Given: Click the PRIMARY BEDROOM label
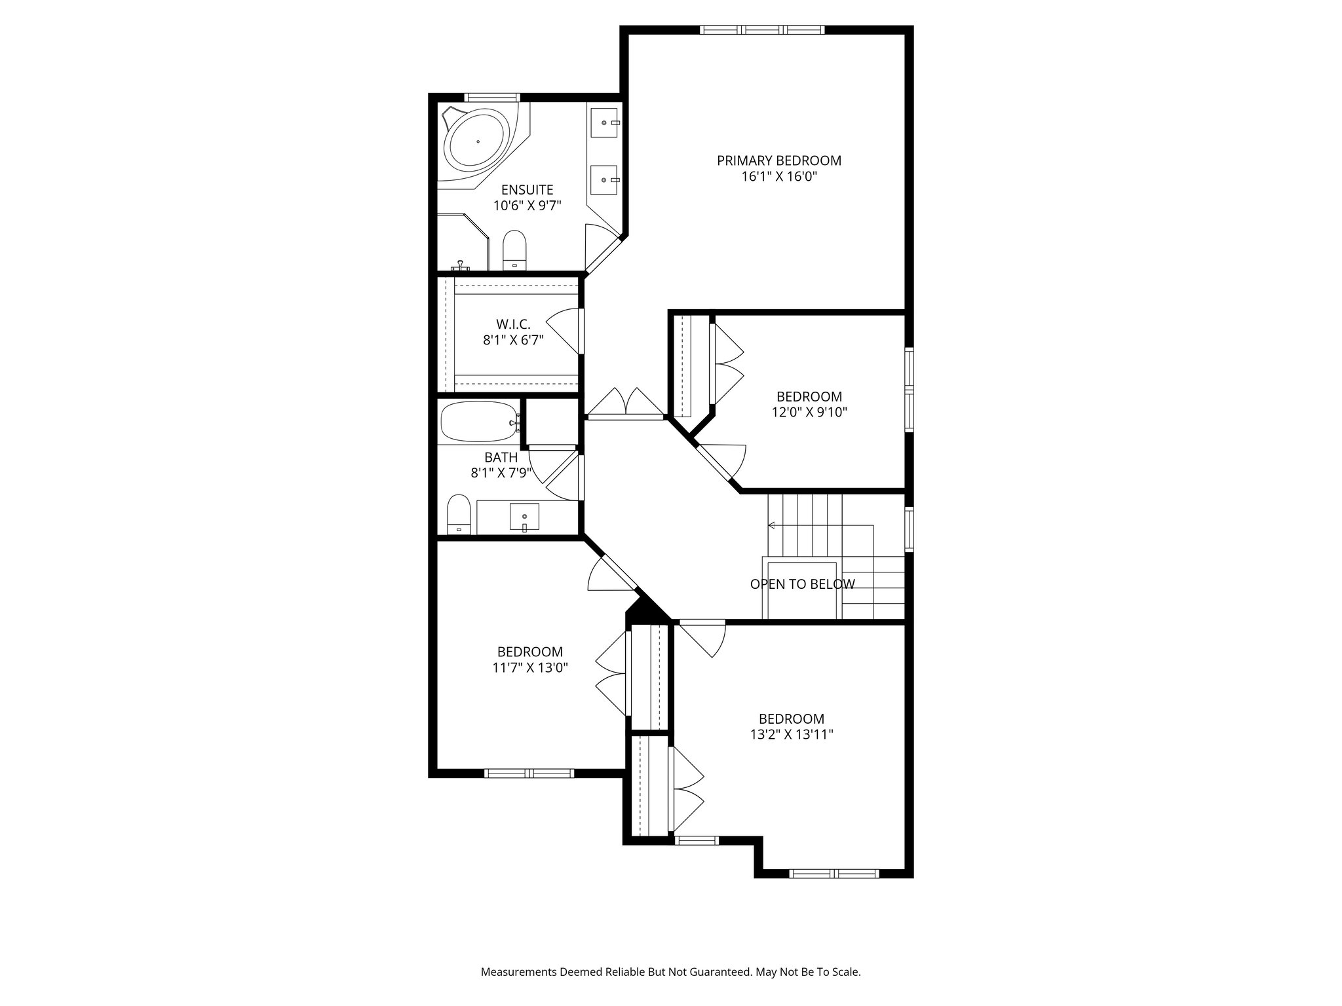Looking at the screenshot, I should [778, 160].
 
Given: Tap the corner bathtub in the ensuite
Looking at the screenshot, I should [477, 141].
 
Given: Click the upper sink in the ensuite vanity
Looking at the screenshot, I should [604, 122].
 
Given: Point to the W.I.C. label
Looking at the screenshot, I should [513, 324].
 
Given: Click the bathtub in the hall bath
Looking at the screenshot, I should [478, 422].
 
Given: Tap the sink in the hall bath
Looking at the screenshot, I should [524, 517].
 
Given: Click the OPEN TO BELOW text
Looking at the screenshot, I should [802, 584].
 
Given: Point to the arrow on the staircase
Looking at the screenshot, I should [772, 525].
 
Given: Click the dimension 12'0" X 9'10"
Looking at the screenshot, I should [809, 413].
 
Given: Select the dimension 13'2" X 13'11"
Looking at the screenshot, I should [792, 735].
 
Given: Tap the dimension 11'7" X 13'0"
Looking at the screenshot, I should [529, 668].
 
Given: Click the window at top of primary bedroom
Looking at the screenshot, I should [761, 29].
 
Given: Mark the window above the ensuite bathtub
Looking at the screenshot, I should [492, 98].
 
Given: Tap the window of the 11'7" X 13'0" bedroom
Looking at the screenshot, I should [529, 773].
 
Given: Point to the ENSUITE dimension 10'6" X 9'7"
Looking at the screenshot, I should [527, 206].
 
